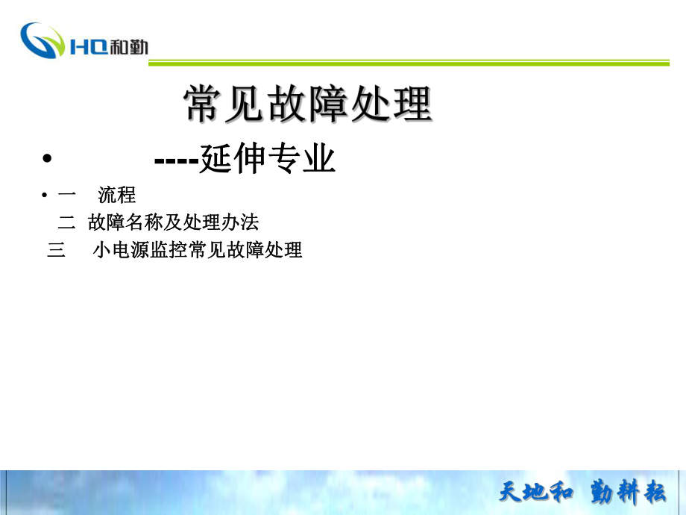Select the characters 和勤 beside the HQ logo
tap(128, 46)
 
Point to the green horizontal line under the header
tap(409, 63)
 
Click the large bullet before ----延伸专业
tap(47, 158)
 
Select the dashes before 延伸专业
tap(176, 160)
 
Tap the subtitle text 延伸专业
tap(267, 158)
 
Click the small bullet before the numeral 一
tap(44, 195)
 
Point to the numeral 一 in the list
tap(66, 193)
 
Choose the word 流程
tap(117, 195)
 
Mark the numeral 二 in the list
tap(66, 222)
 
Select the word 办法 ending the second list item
tap(240, 222)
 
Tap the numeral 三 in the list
tap(56, 250)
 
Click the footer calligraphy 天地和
tap(536, 491)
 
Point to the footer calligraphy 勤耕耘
tap(628, 491)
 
